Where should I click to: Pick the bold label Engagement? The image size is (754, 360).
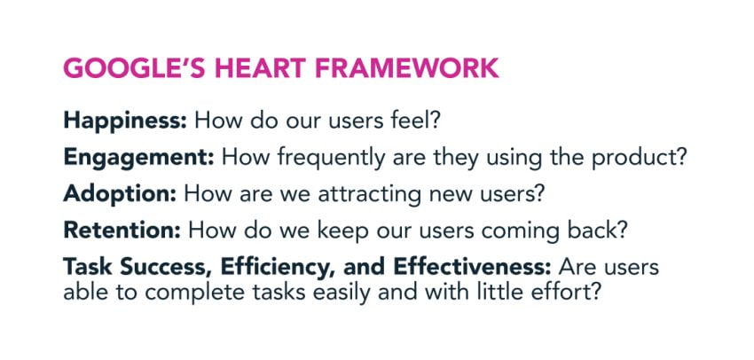pyautogui.click(x=137, y=158)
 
